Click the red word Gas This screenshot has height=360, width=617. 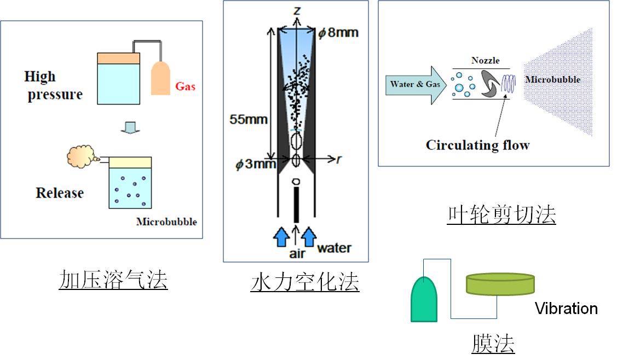coord(185,86)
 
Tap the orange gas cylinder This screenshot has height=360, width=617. coord(162,78)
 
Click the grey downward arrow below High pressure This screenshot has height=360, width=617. coord(127,127)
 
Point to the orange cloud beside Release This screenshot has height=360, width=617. coord(80,157)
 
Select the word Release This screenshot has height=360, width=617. coord(60,193)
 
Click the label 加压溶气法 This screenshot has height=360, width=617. coord(113,280)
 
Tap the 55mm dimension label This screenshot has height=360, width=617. coord(248,119)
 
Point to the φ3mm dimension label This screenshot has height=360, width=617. coord(255,164)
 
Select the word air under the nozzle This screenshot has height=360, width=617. coord(296,253)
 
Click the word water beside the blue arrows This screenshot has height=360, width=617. coord(335,248)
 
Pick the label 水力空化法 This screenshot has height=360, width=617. coord(304,282)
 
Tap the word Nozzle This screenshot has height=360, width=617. coord(485,61)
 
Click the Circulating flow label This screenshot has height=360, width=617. coord(478,145)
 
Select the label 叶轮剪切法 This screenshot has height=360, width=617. coord(501,215)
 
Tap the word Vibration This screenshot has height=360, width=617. coord(566,309)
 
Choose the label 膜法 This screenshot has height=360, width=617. coord(493,344)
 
